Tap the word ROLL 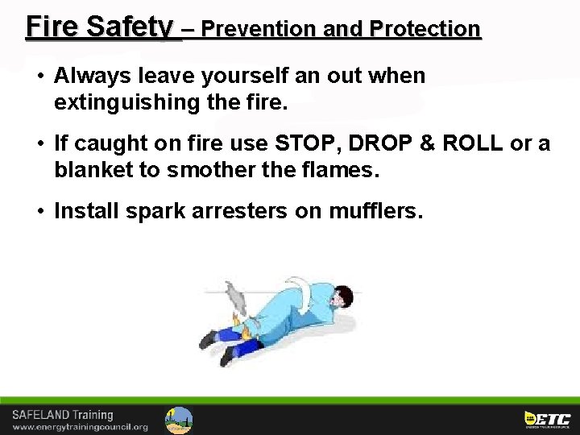[x=473, y=144]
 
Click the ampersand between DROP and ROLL [x=428, y=144]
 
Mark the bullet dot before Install [x=39, y=211]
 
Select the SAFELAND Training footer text [x=63, y=415]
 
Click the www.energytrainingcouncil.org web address [x=80, y=427]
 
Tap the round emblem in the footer [x=179, y=419]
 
